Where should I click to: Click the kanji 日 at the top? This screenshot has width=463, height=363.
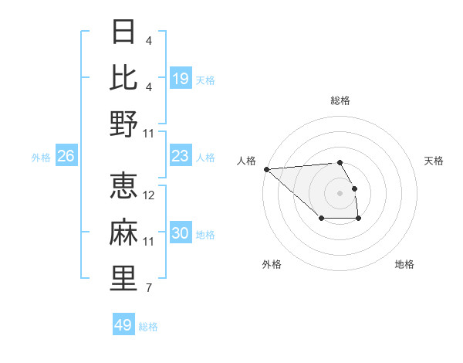pos(124,32)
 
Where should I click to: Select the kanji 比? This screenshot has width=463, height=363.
pos(124,77)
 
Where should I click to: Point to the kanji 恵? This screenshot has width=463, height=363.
pos(124,186)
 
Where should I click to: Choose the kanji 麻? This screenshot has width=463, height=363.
pos(124,232)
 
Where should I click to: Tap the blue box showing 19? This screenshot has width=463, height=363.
pos(181,79)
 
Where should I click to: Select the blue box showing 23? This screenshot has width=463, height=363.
pos(181,157)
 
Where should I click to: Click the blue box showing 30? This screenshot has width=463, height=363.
pos(181,234)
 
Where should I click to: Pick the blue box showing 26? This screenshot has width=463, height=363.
pos(66,157)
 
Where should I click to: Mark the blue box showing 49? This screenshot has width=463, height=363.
pos(123,325)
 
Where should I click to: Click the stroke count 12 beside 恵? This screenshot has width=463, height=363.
pos(149,195)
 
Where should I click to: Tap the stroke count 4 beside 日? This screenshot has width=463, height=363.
pos(147,40)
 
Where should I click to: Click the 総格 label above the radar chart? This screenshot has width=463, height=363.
pos(340,100)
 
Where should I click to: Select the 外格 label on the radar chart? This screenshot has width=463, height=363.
pos(272,264)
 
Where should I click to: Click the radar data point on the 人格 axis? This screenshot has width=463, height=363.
pos(266,169)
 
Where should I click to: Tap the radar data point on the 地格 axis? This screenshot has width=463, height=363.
pos(359,219)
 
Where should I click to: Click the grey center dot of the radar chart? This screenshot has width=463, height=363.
pos(340,193)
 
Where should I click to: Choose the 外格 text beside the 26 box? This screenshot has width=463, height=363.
pos(41,158)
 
